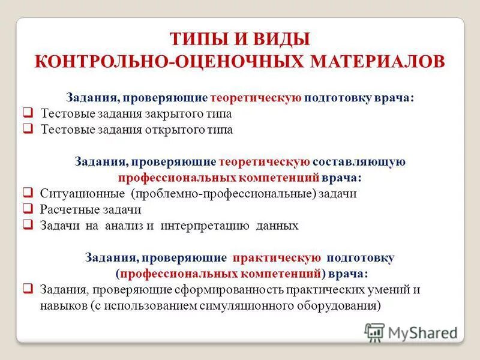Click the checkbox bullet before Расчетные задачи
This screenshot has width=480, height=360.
point(28,209)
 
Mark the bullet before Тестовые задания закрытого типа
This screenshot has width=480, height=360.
point(28,113)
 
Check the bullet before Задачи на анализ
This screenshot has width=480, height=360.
point(28,226)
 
